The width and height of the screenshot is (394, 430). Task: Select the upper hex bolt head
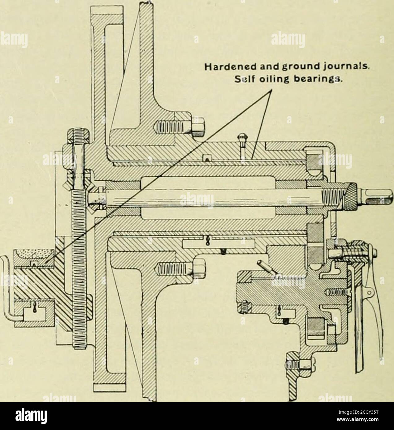[x=198, y=127]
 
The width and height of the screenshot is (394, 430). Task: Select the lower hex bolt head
[x=199, y=269]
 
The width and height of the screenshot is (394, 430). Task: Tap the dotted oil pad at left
[x=35, y=256]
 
